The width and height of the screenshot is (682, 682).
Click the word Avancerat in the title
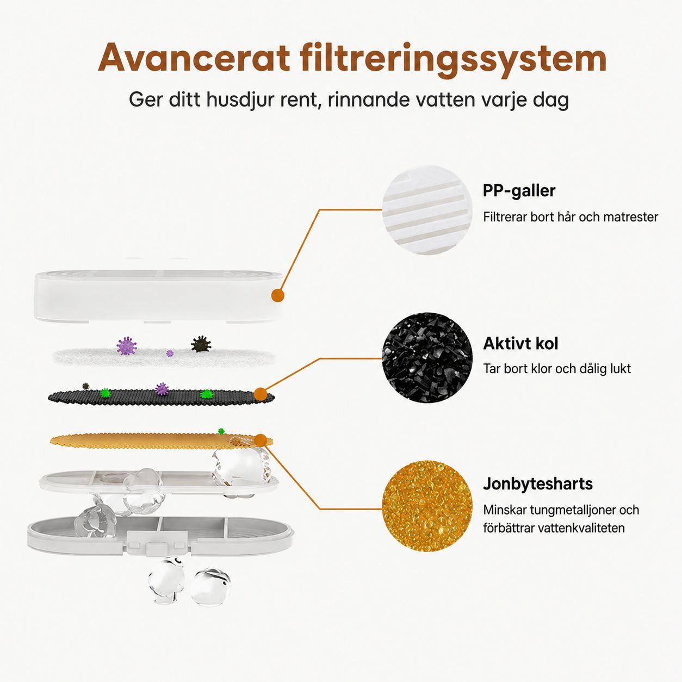click(194, 58)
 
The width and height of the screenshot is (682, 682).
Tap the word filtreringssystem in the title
click(454, 60)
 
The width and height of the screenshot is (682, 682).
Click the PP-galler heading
click(519, 191)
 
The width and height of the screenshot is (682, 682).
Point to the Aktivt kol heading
click(520, 343)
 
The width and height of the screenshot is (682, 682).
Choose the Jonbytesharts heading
click(537, 484)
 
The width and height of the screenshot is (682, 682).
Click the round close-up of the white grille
click(427, 210)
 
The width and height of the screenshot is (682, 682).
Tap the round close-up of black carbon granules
click(427, 357)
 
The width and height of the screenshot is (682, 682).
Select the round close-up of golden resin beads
click(427, 506)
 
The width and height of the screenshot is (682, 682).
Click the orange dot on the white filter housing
click(278, 295)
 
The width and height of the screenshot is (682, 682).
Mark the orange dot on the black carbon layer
click(261, 394)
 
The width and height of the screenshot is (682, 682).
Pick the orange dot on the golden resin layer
click(260, 441)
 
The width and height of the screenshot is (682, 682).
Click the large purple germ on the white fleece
click(127, 346)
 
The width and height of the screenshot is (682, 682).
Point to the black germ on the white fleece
click(201, 344)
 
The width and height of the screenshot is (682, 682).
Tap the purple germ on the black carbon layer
click(162, 389)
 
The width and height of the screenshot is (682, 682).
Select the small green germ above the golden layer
click(221, 431)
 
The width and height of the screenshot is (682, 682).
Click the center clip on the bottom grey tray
click(157, 549)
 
